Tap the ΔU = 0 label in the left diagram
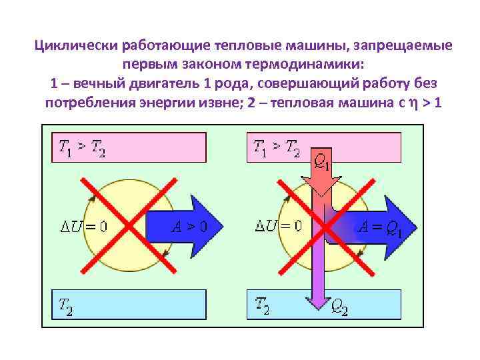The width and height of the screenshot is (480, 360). click(x=85, y=225)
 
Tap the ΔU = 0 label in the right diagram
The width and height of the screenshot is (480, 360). click(x=279, y=225)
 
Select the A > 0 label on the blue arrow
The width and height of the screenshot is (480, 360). click(x=189, y=226)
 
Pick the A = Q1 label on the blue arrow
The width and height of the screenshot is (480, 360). click(x=380, y=227)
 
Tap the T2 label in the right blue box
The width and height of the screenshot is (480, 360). click(x=262, y=305)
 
